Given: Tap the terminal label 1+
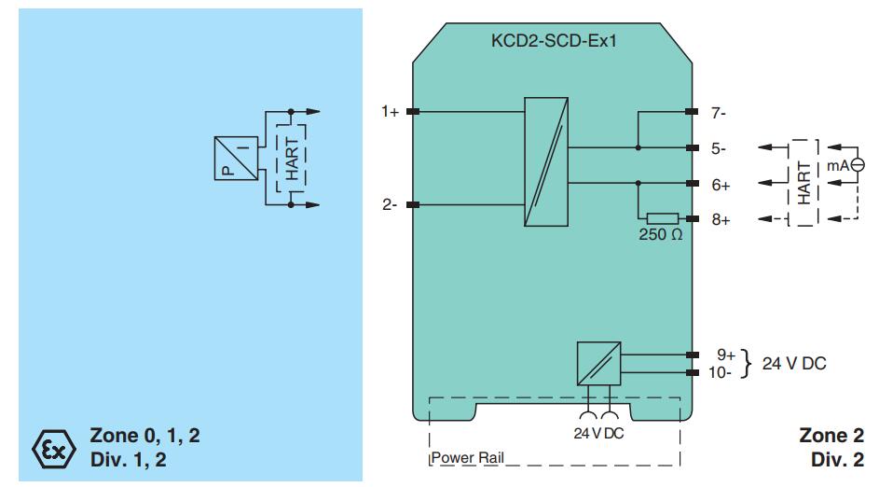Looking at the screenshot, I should pos(390,112).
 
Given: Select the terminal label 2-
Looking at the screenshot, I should pos(390,204).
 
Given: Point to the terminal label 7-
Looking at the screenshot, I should pos(718,113).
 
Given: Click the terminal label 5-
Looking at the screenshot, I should pos(718,148).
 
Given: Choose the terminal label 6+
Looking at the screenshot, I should pos(721,185).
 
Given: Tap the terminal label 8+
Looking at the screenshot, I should pos(721,219).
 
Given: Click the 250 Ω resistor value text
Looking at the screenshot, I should pos(660,235).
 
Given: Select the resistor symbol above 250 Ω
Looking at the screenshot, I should pos(662,218).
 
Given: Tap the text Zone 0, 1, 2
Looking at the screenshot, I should pos(144,436).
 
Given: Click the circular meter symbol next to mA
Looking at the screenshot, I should pos(858,165).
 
